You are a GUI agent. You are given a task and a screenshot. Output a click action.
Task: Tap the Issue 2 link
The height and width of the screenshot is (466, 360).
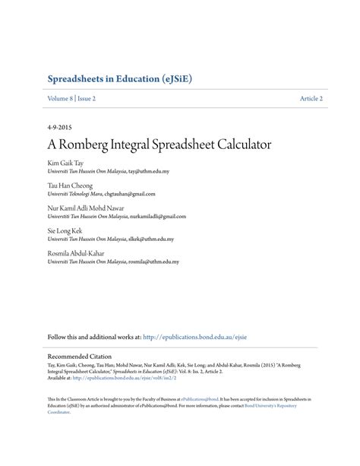[87, 99]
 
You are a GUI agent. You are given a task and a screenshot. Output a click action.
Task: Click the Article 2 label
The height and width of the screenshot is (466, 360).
[311, 99]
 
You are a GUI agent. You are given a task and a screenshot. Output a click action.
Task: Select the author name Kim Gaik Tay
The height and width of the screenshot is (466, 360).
[66, 163]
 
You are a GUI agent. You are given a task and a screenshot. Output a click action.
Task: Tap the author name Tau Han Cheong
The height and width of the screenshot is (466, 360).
[71, 185]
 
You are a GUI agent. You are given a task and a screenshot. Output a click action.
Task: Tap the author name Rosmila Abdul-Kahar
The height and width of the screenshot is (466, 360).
[77, 252]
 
